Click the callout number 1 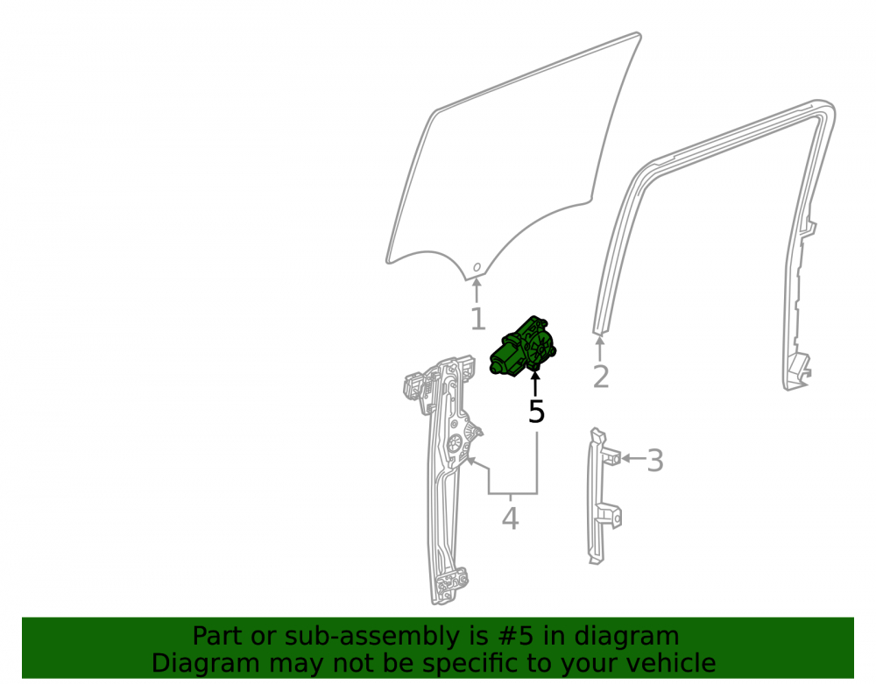coord(477,319)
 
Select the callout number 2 coord(601,377)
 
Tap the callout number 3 coord(654,460)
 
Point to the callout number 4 coord(510,518)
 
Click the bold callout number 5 coord(536,412)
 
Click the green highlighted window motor coord(523,346)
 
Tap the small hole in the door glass coord(477,267)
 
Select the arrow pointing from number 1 coord(477,290)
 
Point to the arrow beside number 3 coord(633,458)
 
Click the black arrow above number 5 coord(535,384)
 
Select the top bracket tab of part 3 coord(611,455)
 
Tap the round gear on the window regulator coord(456,443)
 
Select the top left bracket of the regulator coord(414,386)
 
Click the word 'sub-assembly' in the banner coord(349,637)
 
